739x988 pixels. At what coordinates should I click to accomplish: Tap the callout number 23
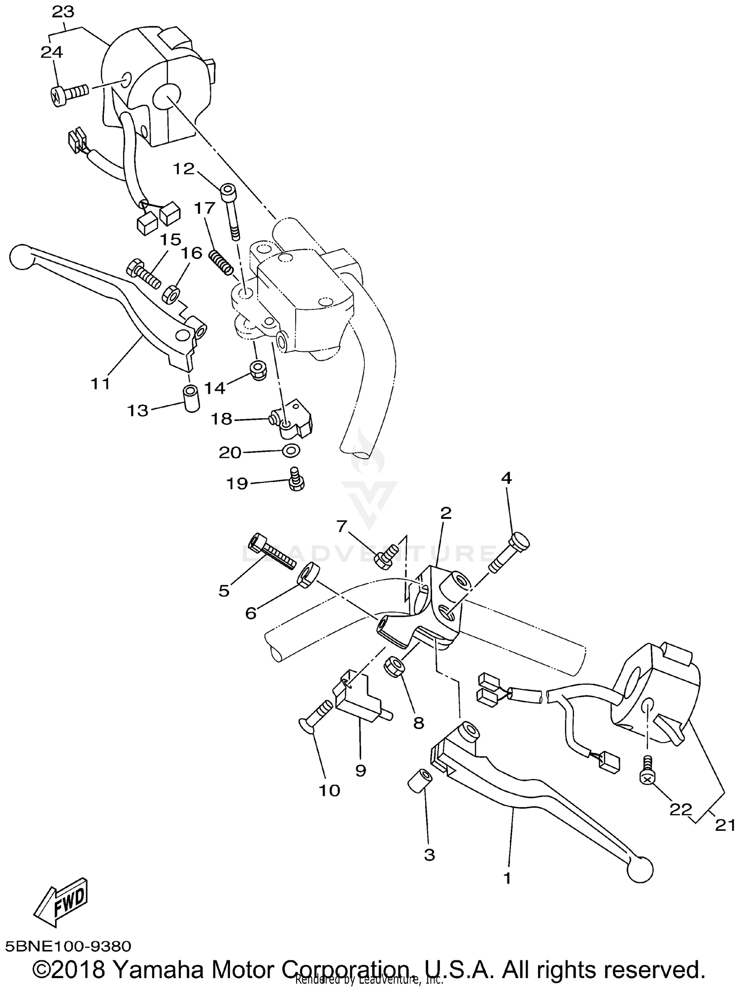click(63, 11)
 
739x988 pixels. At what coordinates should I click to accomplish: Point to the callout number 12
click(183, 169)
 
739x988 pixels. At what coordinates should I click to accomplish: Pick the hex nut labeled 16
click(170, 295)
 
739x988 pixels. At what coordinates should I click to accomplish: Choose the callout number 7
click(341, 526)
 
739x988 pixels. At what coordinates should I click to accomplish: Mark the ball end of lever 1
click(640, 871)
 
